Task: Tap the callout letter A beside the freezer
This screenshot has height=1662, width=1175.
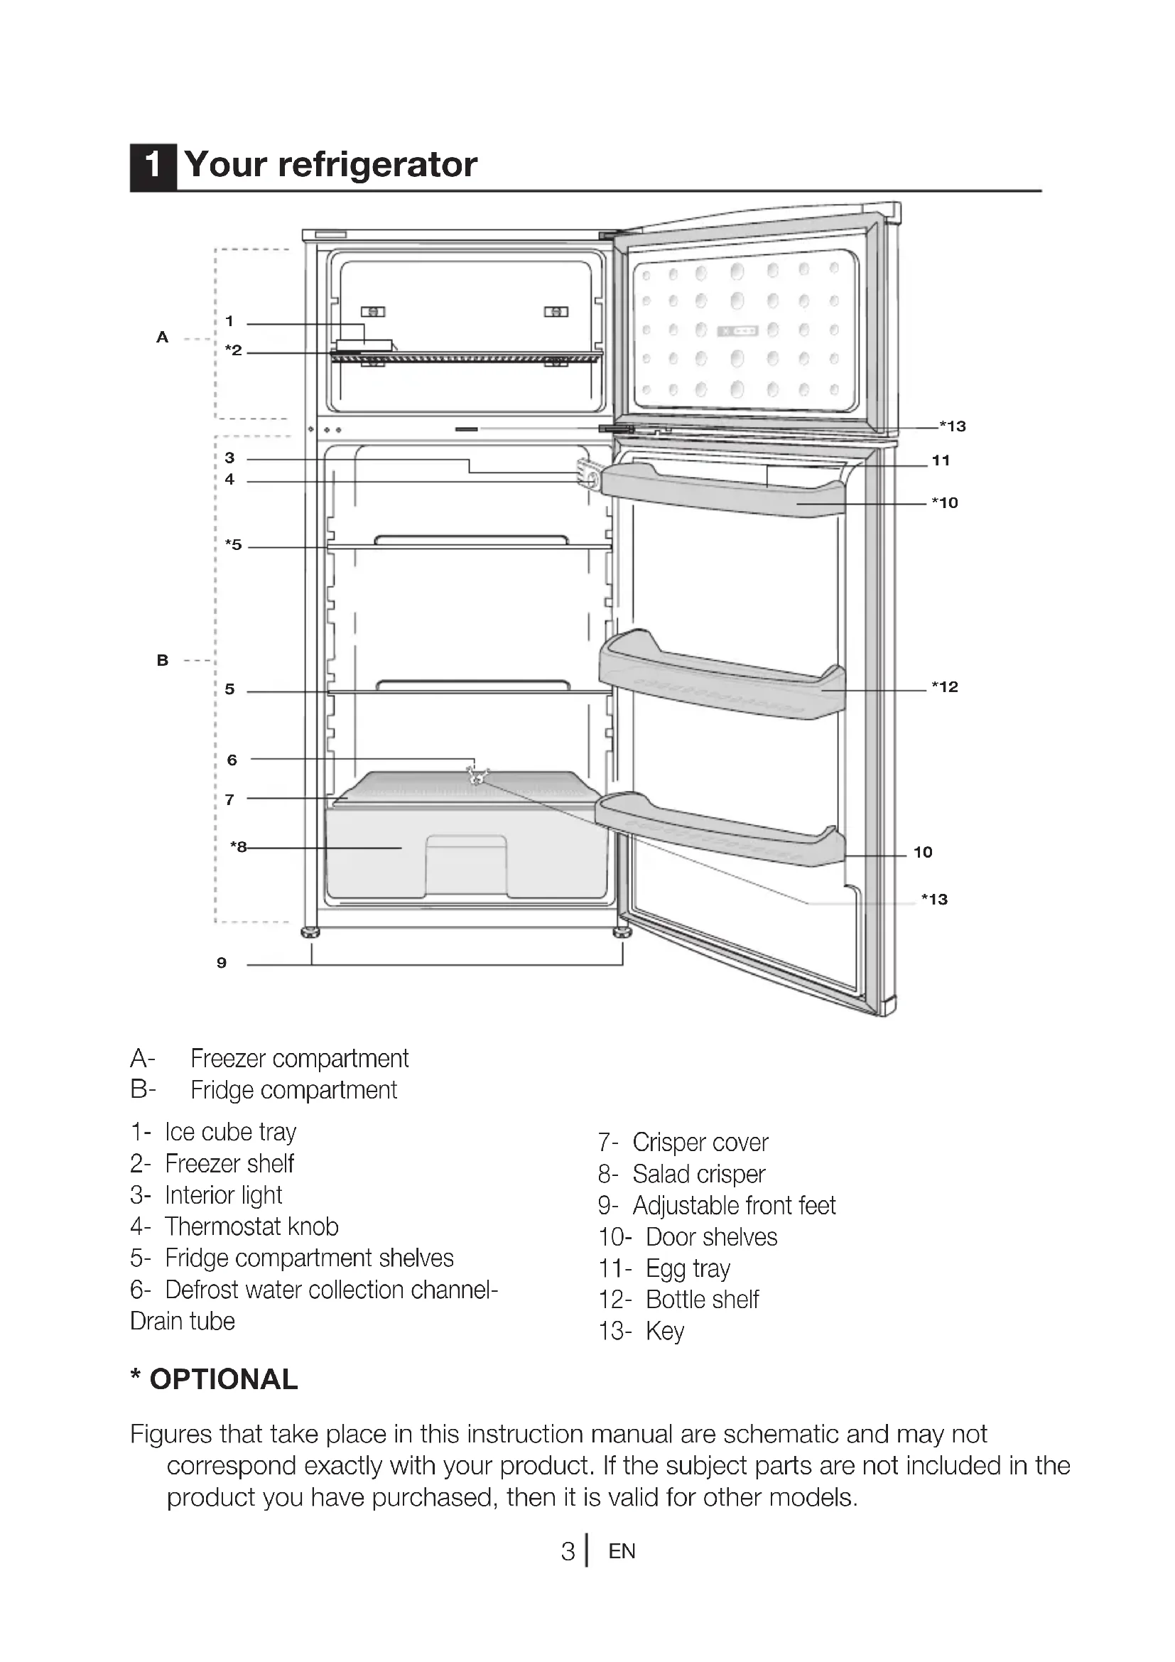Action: coord(162,338)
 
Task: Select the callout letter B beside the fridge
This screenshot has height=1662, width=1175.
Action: coord(162,660)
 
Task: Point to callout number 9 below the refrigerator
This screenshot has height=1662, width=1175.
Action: coord(222,963)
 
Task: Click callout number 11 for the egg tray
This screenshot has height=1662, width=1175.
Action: coord(941,460)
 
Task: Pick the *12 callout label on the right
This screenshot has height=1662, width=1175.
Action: coord(945,686)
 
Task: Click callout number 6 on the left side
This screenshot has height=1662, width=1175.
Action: coord(232,760)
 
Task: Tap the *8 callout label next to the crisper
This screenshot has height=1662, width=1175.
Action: coord(238,846)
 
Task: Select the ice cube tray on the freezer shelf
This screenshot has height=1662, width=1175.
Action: coord(364,345)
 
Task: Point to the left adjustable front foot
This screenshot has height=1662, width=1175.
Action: coord(310,932)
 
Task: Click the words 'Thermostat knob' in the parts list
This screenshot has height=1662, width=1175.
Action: coord(251,1227)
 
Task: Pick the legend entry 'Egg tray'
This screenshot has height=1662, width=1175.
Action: coord(688,1269)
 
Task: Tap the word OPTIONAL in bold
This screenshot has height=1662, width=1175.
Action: coord(224,1380)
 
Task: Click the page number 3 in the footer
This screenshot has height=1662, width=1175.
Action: coord(568,1551)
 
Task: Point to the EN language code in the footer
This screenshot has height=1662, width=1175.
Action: coord(622,1551)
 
